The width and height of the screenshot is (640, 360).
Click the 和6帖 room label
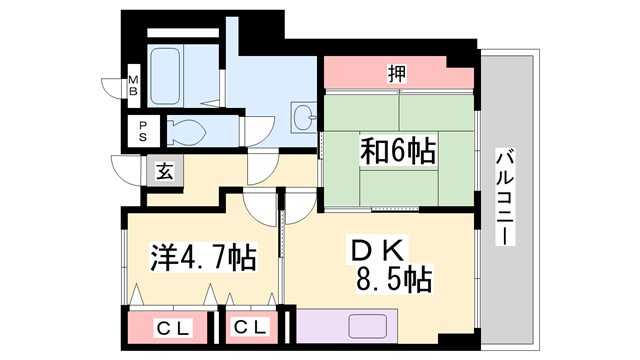click(x=397, y=153)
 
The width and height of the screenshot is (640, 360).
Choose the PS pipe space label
click(x=143, y=131)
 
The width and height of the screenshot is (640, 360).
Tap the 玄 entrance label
click(x=163, y=171)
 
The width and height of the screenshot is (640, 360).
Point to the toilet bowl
click(x=188, y=130)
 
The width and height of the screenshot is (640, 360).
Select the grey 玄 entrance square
click(x=163, y=171)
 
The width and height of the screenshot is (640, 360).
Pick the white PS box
click(x=143, y=131)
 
